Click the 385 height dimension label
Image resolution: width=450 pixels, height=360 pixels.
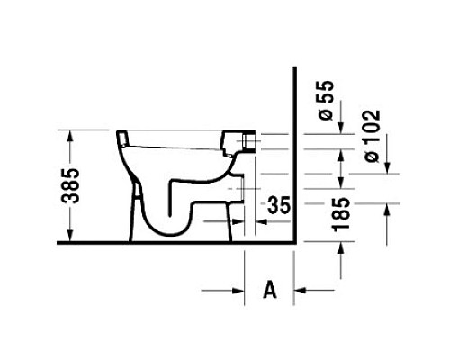[x=70, y=186]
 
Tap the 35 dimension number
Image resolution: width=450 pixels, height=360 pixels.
[x=279, y=205]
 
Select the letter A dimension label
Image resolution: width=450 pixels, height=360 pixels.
[x=270, y=290]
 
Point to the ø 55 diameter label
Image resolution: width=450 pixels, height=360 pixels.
[x=326, y=101]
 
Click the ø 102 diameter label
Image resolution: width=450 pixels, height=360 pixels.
[x=373, y=136]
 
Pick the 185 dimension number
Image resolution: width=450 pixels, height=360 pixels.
[x=341, y=214]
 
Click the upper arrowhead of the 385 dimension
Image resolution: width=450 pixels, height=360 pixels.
[x=70, y=135]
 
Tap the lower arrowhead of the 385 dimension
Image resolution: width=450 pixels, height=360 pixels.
[x=70, y=236]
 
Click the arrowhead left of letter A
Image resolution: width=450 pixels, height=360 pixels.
[x=238, y=291]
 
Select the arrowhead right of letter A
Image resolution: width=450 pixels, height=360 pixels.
[x=300, y=290]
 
